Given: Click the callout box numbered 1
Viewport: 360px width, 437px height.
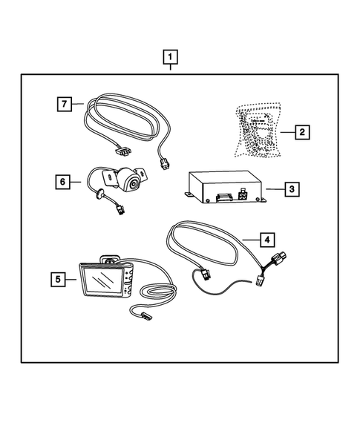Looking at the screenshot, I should [x=171, y=56].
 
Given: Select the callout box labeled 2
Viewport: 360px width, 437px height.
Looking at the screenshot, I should [x=303, y=133].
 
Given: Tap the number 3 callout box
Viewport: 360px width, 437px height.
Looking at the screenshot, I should [x=293, y=189].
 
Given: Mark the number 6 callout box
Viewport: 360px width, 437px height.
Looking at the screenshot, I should [x=64, y=180].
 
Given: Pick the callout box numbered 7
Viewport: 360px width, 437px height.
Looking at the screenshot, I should [x=65, y=103].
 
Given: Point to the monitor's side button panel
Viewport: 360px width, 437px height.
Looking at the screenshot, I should [x=128, y=282].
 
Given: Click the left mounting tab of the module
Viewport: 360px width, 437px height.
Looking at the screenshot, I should [x=192, y=195].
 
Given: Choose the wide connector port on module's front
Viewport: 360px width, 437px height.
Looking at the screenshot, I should [x=221, y=197].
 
